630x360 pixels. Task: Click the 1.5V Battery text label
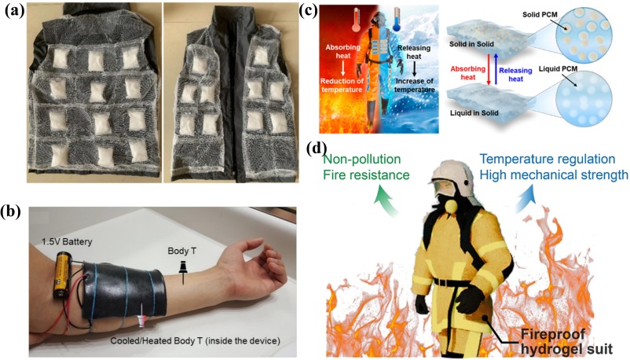[x=64, y=238]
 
